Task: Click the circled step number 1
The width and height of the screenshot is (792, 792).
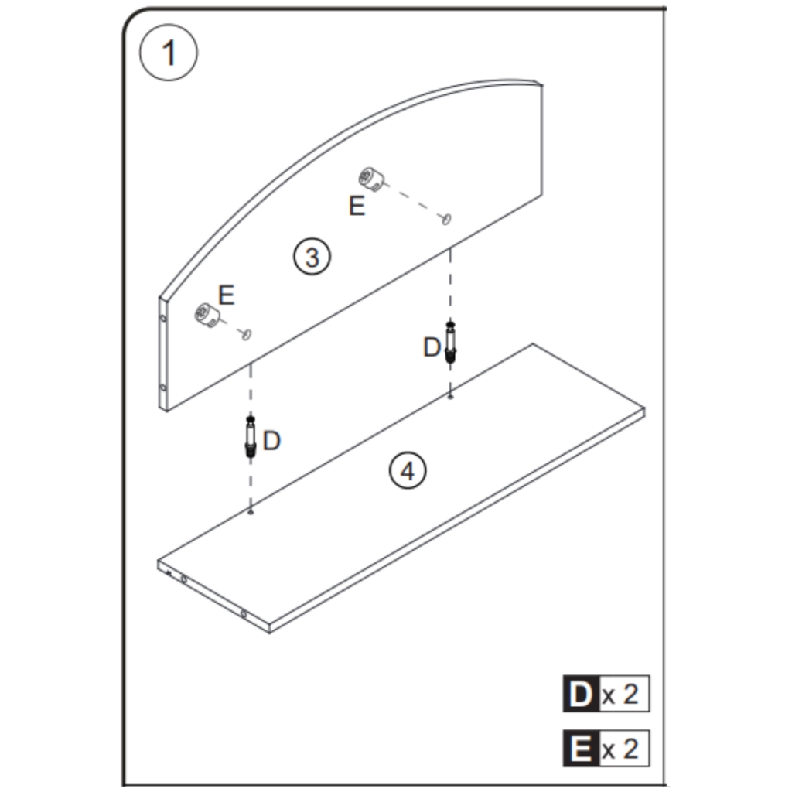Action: (168, 54)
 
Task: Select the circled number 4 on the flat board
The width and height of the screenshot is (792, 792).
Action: (408, 470)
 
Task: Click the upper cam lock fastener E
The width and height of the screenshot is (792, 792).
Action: (371, 181)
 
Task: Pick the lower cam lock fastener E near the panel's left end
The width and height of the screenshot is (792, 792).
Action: (206, 315)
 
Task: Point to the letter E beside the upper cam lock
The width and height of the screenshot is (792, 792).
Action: (357, 207)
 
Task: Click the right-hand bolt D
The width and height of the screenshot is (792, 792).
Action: (451, 342)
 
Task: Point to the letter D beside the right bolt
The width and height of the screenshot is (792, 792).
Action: (432, 348)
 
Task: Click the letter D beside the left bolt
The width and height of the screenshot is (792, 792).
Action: (271, 441)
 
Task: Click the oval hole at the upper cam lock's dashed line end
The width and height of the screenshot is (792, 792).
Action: (446, 220)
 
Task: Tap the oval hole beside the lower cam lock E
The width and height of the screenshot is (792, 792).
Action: (247, 334)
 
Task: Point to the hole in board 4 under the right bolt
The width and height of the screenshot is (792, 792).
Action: (450, 397)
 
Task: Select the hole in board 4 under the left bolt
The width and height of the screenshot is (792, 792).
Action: (251, 511)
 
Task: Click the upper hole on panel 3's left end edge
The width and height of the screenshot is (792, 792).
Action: (162, 318)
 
